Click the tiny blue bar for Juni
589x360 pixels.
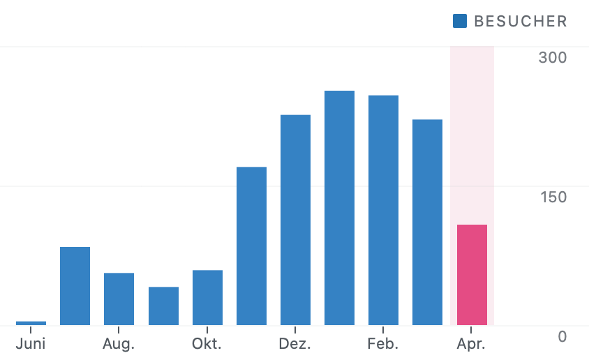pyautogui.click(x=31, y=323)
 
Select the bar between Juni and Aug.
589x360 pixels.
pyautogui.click(x=75, y=286)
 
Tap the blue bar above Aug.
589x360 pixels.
pyautogui.click(x=119, y=299)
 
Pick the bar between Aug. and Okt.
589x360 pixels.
pyautogui.click(x=163, y=306)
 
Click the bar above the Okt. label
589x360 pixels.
pyautogui.click(x=207, y=297)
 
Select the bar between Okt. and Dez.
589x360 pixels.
pyautogui.click(x=251, y=246)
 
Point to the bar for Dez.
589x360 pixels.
pyautogui.click(x=295, y=220)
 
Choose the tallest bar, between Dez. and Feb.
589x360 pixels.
pyautogui.click(x=339, y=208)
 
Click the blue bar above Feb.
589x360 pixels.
pyautogui.click(x=383, y=210)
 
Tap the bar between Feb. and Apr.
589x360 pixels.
pyautogui.click(x=427, y=222)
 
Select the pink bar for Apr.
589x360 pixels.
pyautogui.click(x=472, y=275)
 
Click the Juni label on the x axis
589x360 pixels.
pyautogui.click(x=31, y=344)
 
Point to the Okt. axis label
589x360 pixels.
pyautogui.click(x=207, y=344)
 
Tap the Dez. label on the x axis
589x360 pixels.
pyautogui.click(x=295, y=344)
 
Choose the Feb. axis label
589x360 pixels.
pyautogui.click(x=383, y=344)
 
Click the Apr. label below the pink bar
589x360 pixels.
pyautogui.click(x=471, y=344)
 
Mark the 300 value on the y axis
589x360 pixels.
pyautogui.click(x=552, y=57)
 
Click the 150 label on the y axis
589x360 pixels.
pyautogui.click(x=552, y=197)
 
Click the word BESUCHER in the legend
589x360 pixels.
pyautogui.click(x=520, y=21)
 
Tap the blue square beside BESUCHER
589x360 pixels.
pyautogui.click(x=459, y=21)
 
